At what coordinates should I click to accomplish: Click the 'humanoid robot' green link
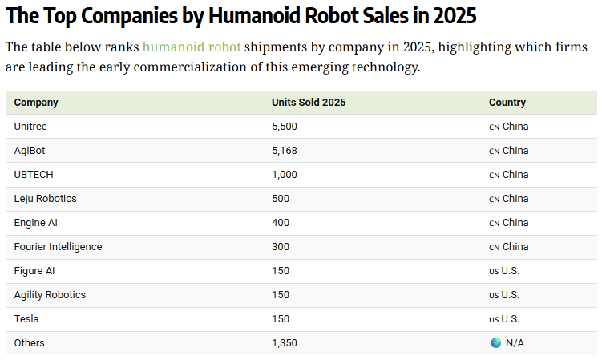[x=192, y=47]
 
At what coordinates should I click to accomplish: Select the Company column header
[x=36, y=103]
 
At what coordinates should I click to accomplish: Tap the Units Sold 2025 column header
[x=309, y=103]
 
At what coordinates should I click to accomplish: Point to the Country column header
[x=507, y=103]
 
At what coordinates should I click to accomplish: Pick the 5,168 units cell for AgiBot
[x=285, y=151]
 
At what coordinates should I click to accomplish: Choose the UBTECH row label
[x=34, y=175]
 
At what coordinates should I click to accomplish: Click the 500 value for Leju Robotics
[x=281, y=199]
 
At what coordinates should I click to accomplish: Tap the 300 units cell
[x=281, y=247]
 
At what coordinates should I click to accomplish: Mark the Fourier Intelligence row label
[x=58, y=247]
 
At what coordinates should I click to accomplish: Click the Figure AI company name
[x=34, y=271]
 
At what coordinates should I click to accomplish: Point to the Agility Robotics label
[x=50, y=295]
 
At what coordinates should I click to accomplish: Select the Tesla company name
[x=26, y=319]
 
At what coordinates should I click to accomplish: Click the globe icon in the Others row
[x=495, y=342]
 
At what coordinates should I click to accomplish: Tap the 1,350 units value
[x=285, y=343]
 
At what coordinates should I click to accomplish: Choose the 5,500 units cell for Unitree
[x=285, y=127]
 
